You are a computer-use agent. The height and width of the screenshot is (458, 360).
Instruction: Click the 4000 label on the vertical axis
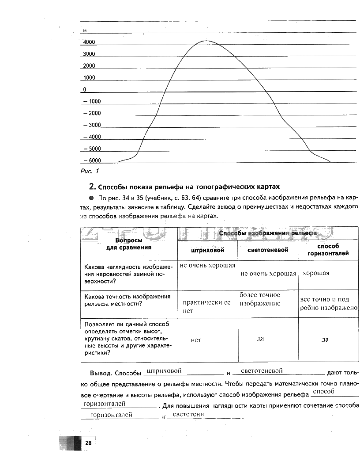[89, 42]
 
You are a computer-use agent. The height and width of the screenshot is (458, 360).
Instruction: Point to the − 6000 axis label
[92, 160]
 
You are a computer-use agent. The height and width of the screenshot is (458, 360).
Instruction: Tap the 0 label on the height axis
[84, 89]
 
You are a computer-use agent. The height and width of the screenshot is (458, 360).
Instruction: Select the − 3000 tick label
[92, 125]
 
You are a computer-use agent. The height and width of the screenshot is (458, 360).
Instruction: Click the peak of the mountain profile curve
[205, 41]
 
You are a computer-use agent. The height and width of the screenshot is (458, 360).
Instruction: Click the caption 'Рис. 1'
[91, 171]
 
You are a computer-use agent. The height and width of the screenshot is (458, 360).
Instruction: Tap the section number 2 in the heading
[92, 186]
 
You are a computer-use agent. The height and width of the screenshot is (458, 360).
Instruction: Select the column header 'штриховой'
[207, 250]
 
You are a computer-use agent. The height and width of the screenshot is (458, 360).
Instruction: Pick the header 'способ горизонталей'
[327, 250]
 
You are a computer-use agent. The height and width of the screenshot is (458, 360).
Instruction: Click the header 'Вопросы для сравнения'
[128, 244]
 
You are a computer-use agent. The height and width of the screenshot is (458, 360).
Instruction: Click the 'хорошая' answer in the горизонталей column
[316, 273]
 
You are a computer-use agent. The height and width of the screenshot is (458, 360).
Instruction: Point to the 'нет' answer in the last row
[196, 340]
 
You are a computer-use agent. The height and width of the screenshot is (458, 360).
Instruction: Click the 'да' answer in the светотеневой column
[260, 338]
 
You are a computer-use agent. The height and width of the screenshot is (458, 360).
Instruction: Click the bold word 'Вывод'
[102, 373]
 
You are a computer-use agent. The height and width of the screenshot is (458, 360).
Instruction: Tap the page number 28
[88, 443]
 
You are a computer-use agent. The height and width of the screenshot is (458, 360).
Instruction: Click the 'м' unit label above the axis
[84, 31]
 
